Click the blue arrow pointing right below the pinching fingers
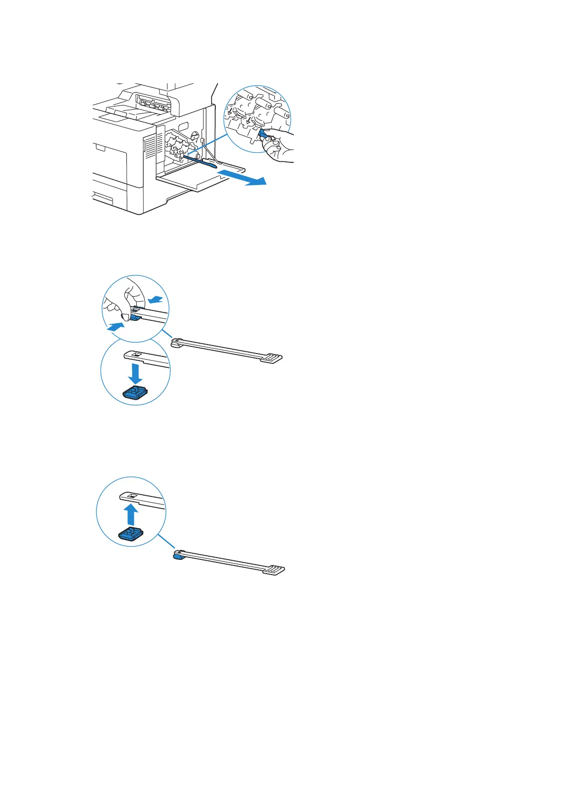pyautogui.click(x=116, y=326)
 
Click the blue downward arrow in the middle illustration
pyautogui.click(x=136, y=373)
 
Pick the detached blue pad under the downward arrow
pyautogui.click(x=136, y=392)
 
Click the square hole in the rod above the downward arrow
pyautogui.click(x=136, y=354)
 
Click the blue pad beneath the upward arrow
pyautogui.click(x=131, y=534)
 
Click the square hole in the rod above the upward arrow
pyautogui.click(x=133, y=496)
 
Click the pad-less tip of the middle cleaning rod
pyautogui.click(x=177, y=342)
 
